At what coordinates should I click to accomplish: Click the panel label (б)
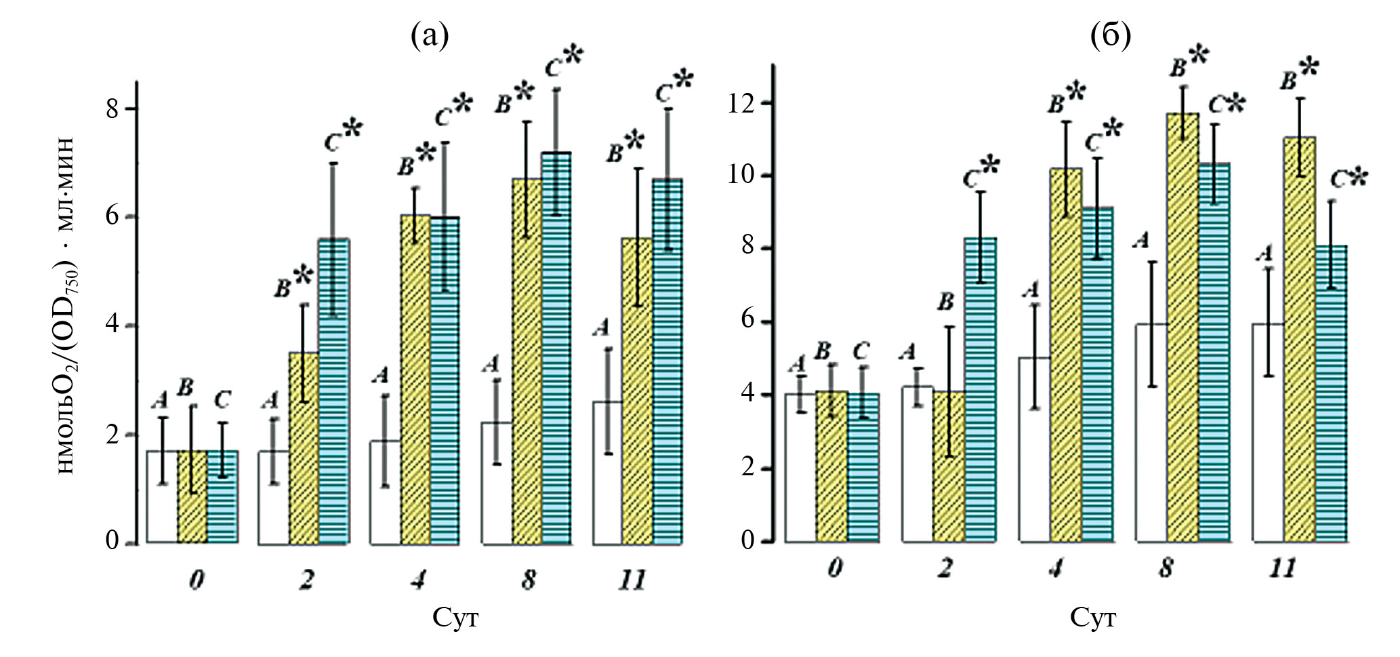pos(1111,37)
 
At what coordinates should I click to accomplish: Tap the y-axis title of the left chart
pos(68,305)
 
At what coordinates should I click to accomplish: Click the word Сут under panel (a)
pos(455,618)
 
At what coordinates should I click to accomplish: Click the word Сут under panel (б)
pos(1093,618)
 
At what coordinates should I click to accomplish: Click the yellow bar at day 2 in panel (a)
pos(304,447)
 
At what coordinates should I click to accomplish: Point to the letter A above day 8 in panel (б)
pos(1142,239)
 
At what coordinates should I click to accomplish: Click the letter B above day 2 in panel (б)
pos(945,302)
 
